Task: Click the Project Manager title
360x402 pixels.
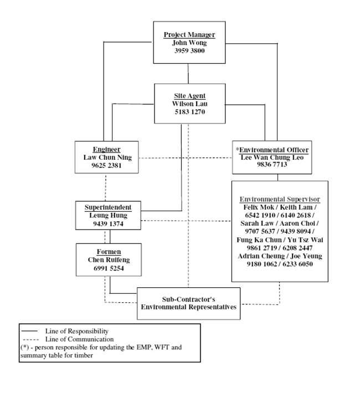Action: (189, 35)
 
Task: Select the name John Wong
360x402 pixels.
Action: (189, 43)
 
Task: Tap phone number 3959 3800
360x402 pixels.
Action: (189, 52)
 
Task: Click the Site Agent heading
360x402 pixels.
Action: (189, 96)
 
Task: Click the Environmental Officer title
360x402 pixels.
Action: (273, 150)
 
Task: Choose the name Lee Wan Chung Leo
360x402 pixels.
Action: (272, 158)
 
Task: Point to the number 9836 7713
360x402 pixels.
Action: (272, 166)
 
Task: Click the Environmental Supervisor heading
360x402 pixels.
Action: (279, 199)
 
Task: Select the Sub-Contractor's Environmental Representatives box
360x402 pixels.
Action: (189, 303)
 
